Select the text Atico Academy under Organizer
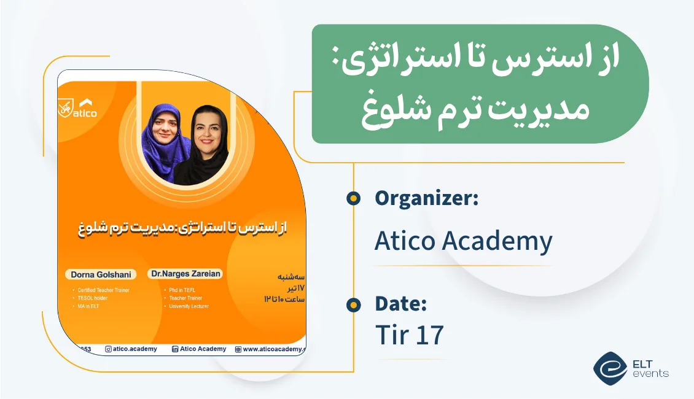463,241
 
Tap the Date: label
400,304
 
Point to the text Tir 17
409,335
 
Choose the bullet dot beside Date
353,304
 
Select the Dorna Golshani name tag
99,274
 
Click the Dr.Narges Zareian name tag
185,274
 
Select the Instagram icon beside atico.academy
109,349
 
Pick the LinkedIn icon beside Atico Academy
175,349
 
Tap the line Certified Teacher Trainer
103,290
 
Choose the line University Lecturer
189,306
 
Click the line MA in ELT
88,306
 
